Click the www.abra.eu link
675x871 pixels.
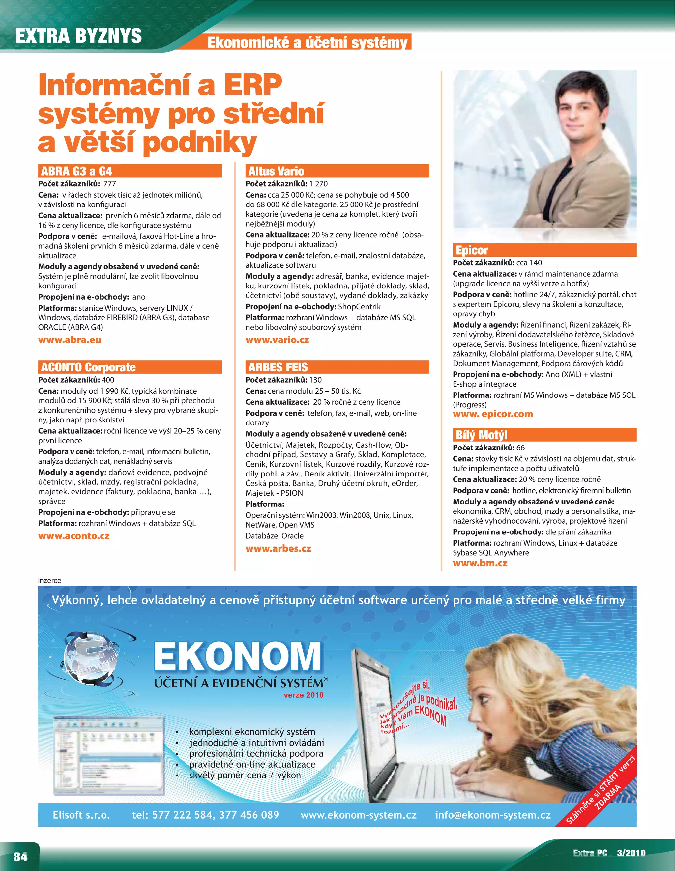coord(70,340)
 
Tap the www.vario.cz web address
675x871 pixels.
coord(277,340)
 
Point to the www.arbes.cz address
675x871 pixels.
coord(278,548)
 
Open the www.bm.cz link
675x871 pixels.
coord(480,563)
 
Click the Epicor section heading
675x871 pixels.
coord(472,250)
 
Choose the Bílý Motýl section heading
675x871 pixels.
coord(482,435)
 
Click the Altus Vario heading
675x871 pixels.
coord(276,171)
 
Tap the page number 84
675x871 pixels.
coord(20,857)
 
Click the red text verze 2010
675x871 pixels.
coord(303,695)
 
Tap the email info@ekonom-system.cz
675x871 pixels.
coord(493,815)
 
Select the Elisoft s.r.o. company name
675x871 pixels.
coord(81,815)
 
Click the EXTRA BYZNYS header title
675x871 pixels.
coord(79,36)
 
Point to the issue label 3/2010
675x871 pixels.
coord(631,853)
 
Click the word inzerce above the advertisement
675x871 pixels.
coord(49,580)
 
